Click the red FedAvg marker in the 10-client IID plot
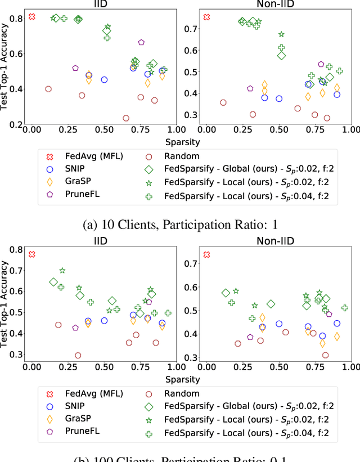point(32,17)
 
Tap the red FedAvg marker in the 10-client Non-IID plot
point(206,17)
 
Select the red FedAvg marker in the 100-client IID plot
point(32,254)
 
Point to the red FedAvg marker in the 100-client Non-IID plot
point(206,254)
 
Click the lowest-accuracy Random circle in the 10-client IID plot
point(126,118)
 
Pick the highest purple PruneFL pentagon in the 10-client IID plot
point(142,42)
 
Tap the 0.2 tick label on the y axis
point(16,124)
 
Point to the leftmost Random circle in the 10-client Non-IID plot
point(223,102)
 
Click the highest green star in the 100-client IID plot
point(62,271)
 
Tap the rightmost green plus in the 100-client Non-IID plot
point(345,308)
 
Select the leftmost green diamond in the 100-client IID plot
point(53,282)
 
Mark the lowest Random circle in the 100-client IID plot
point(78,355)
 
